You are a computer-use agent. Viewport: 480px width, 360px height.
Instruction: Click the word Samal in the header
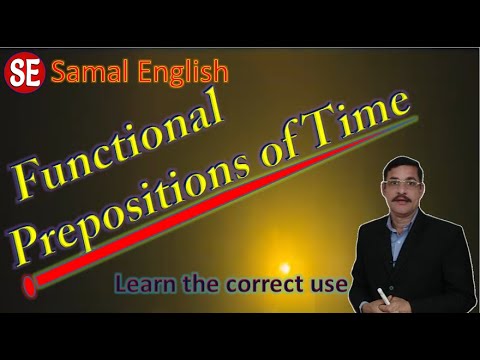85,72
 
